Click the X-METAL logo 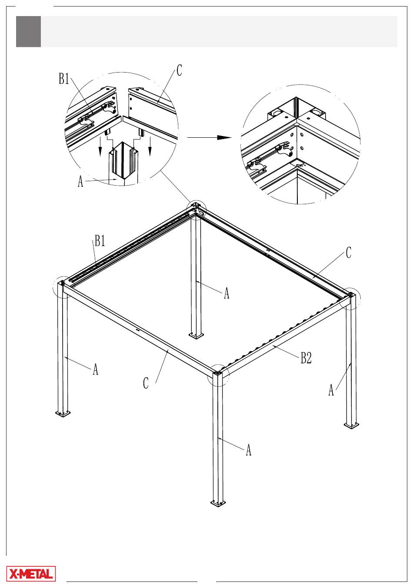31,574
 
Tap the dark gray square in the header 28,31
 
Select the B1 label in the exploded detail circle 64,79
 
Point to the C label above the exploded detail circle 179,70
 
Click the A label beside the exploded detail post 80,181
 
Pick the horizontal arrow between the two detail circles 209,137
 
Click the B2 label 306,358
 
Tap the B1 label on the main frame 100,240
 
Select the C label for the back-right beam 348,252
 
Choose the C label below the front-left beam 146,383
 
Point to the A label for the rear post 226,293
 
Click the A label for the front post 248,450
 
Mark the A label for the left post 96,369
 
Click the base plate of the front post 218,504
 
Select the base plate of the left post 63,413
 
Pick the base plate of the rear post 196,335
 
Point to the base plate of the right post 351,425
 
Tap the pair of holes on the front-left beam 137,330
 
